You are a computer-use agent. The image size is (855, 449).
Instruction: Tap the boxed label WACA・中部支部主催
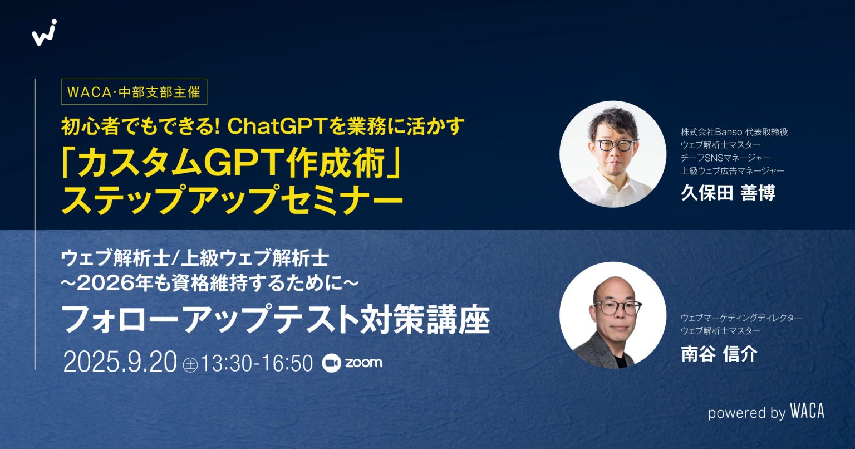(134, 92)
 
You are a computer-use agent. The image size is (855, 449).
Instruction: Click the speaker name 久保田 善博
(728, 192)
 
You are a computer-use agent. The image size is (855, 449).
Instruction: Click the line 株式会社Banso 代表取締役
(734, 132)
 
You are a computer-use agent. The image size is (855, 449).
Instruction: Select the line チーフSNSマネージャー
(726, 158)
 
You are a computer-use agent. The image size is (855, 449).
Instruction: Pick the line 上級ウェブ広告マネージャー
(732, 170)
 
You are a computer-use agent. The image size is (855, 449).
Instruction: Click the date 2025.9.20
(120, 363)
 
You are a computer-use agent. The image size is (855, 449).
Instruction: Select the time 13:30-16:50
(257, 363)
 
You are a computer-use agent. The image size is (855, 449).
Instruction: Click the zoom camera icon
(332, 363)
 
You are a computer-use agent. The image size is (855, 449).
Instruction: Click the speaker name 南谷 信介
(719, 354)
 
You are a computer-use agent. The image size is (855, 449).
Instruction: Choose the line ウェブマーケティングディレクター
(741, 318)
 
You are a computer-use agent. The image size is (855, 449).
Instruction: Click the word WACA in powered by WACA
(807, 412)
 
